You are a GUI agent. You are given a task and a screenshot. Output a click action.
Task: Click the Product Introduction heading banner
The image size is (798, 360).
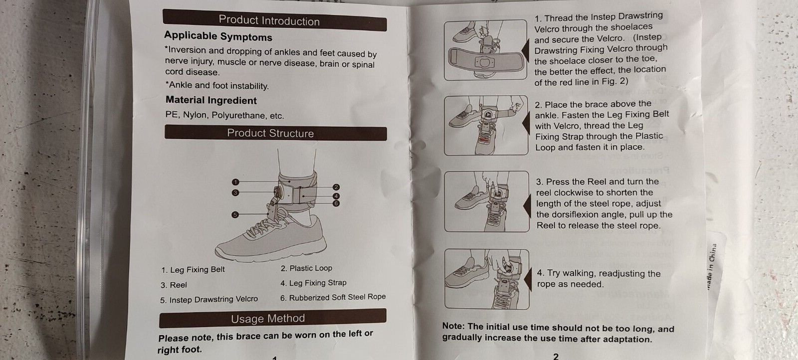274,20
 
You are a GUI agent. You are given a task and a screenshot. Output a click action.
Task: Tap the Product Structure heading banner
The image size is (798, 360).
275,133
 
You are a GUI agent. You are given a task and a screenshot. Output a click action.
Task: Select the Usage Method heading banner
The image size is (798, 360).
272,318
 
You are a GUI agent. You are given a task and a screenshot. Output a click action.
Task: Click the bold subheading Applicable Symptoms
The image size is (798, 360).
218,36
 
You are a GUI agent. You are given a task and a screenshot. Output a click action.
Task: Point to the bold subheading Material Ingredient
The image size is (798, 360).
211,100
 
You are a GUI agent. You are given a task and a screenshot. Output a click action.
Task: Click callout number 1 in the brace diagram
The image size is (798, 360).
235,182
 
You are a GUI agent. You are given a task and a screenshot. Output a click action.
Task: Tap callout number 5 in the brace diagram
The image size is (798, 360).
235,215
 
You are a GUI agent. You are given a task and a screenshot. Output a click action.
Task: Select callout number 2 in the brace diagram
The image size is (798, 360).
336,187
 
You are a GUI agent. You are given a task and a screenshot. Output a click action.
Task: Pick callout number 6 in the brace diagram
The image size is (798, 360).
336,203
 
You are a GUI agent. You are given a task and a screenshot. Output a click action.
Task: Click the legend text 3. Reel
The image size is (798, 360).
174,285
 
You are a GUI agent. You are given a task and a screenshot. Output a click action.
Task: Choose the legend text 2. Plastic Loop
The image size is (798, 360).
306,268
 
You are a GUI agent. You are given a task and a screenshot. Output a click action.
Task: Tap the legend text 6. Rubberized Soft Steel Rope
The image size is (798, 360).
333,297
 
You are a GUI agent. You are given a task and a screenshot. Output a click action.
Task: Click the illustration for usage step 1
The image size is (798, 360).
486,50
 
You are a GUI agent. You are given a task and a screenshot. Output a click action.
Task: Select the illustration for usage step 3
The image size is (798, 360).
487,201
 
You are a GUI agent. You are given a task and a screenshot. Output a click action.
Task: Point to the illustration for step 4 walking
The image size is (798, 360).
487,279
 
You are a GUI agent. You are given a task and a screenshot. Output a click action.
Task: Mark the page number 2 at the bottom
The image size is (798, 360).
556,356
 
